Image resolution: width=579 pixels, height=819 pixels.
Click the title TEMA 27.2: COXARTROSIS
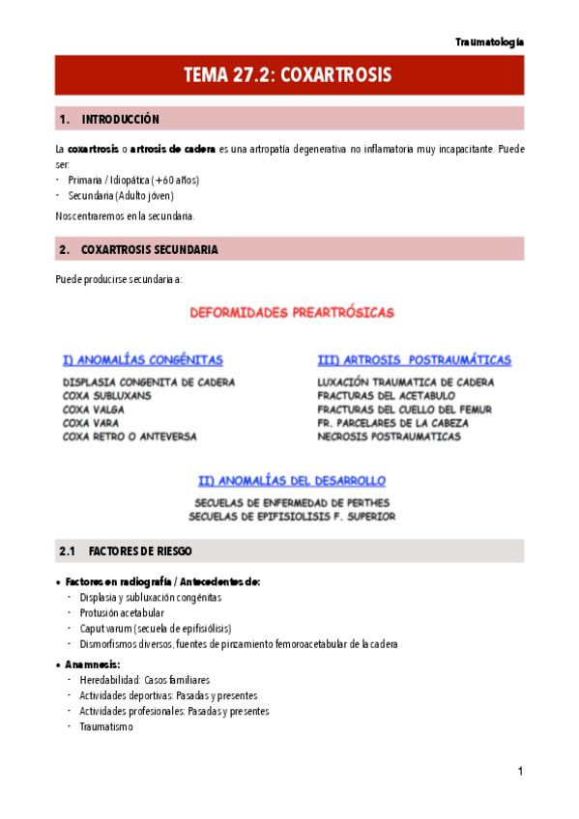point(289,75)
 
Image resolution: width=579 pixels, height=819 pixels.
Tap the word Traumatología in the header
point(489,42)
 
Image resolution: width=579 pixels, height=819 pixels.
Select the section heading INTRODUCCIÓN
point(120,120)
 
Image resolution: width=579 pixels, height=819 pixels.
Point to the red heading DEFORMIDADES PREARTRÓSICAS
point(291,313)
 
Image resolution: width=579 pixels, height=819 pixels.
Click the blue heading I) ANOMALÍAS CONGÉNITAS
point(142,360)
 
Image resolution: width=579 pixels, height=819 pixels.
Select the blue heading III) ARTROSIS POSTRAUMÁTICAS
point(414,360)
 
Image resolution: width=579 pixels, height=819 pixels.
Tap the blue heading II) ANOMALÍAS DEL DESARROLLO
point(292,480)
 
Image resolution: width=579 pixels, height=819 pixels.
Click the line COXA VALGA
point(94,409)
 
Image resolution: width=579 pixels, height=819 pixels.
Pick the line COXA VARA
point(91,423)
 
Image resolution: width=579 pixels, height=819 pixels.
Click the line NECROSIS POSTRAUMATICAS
point(389,437)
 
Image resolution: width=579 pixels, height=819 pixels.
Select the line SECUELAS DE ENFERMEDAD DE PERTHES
point(292,503)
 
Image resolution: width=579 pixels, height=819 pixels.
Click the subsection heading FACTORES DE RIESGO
point(139,551)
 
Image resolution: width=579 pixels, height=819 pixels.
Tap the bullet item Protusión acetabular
point(122,613)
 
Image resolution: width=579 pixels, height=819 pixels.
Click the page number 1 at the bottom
point(520,772)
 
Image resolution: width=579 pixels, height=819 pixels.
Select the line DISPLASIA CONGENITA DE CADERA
point(148,382)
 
